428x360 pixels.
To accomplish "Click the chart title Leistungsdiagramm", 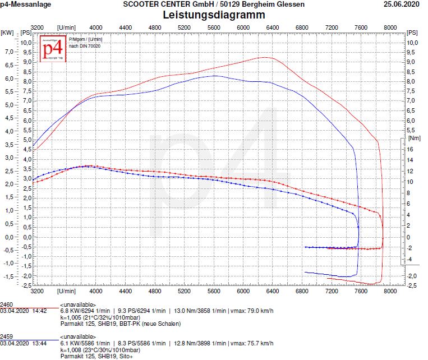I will [x=214, y=15].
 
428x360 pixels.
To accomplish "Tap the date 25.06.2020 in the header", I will [x=401, y=4].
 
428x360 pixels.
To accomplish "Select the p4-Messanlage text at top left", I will [x=26, y=4].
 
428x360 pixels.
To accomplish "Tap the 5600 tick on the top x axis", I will [x=214, y=27].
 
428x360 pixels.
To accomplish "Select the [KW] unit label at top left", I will [x=8, y=33].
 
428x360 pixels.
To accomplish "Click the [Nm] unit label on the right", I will [x=414, y=137].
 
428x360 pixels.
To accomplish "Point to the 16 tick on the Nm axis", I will [x=411, y=149].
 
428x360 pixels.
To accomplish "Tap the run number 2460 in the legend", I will [x=7, y=303].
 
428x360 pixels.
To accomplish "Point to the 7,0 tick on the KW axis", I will [x=8, y=52].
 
